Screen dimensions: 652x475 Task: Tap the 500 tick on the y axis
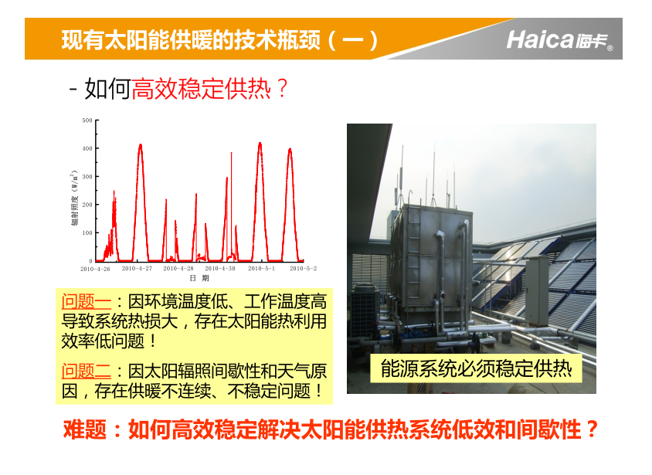pos(87,120)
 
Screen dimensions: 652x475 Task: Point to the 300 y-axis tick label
pos(87,177)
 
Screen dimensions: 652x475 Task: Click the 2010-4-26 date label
pos(95,269)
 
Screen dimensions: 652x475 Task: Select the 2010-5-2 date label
pos(303,269)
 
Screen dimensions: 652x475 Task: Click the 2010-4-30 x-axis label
pos(220,269)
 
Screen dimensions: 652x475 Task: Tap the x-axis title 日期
pos(199,278)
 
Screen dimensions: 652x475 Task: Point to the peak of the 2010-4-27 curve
pos(141,145)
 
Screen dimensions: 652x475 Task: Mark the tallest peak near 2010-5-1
pos(260,144)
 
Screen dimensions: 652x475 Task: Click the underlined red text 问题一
pos(86,302)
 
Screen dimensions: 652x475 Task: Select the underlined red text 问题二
pos(86,371)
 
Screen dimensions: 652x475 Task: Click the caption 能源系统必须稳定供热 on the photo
pos(476,368)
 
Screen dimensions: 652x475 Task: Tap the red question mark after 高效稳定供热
pos(282,89)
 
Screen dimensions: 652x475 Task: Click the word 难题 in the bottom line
pos(85,429)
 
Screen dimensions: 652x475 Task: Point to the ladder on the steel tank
pos(413,253)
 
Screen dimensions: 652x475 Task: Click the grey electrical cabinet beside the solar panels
pos(537,290)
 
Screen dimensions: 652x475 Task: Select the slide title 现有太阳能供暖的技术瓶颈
pos(191,40)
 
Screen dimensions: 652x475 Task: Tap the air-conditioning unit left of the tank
pos(365,310)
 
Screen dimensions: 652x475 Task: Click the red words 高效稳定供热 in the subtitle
pos(202,89)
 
